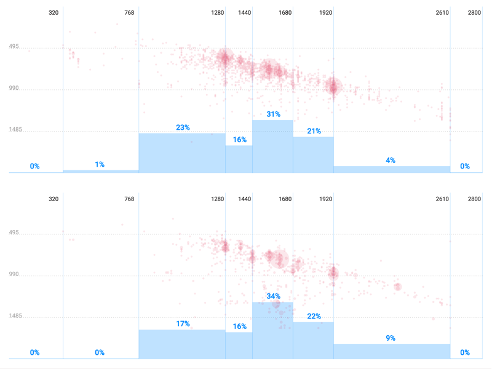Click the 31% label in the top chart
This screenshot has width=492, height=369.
[x=274, y=114]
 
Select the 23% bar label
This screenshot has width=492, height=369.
[x=183, y=128]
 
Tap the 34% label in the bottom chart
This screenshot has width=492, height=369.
[x=274, y=296]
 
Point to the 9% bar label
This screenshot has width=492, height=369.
[x=391, y=338]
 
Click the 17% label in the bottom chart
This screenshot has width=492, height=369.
[x=183, y=324]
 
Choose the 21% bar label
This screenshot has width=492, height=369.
[x=314, y=131]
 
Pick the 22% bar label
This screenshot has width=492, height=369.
[x=314, y=317]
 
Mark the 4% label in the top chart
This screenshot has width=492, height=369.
[x=391, y=161]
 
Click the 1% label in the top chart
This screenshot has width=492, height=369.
[x=100, y=165]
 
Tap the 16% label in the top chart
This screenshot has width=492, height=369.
[x=239, y=140]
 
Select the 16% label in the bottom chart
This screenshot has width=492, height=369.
[x=239, y=327]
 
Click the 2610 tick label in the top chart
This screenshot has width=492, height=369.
[x=442, y=13]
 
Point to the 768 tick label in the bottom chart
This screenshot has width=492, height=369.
[x=129, y=199]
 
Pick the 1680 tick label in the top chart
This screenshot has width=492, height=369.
[x=285, y=13]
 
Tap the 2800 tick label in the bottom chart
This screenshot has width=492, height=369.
[x=474, y=199]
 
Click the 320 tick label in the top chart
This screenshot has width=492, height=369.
[x=54, y=13]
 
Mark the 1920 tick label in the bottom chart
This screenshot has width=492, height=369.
[x=326, y=199]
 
